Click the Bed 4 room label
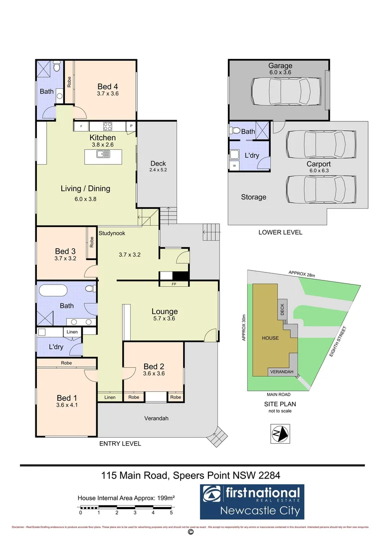pos(108,87)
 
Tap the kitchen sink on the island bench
pos(104,154)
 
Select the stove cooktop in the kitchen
pos(109,126)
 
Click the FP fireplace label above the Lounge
pos(174,284)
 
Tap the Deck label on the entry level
pos(158,163)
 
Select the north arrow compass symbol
pos(279,432)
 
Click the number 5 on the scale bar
pos(171,513)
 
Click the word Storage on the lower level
pos(253,197)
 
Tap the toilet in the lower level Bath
pos(235,131)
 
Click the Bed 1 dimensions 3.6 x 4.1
pos(67,405)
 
